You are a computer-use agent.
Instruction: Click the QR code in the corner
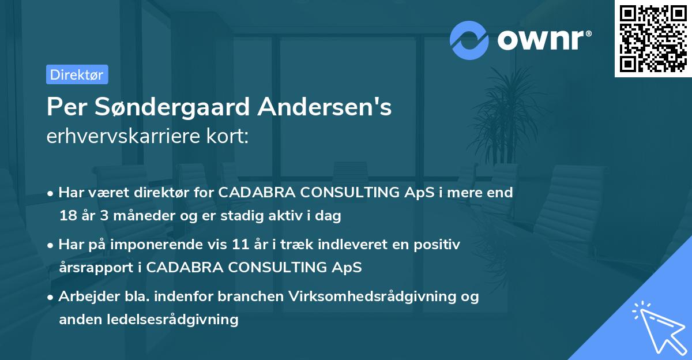click(x=653, y=39)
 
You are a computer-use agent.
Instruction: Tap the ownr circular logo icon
click(x=469, y=40)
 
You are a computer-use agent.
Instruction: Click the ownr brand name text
click(x=544, y=40)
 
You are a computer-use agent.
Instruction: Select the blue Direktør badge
click(x=77, y=74)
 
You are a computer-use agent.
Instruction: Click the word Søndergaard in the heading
click(x=170, y=107)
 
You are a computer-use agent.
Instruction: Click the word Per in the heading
click(x=65, y=107)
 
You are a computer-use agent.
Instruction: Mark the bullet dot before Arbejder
click(x=51, y=297)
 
